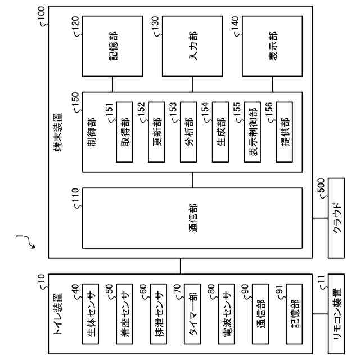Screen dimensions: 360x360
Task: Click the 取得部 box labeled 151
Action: click(x=124, y=131)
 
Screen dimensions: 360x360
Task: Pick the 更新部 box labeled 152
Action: click(x=156, y=131)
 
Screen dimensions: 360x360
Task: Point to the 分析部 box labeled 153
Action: click(x=188, y=131)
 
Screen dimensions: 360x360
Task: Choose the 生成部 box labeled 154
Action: click(x=220, y=131)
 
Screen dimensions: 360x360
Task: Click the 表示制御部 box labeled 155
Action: click(x=253, y=131)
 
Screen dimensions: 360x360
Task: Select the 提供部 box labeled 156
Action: click(x=285, y=131)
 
